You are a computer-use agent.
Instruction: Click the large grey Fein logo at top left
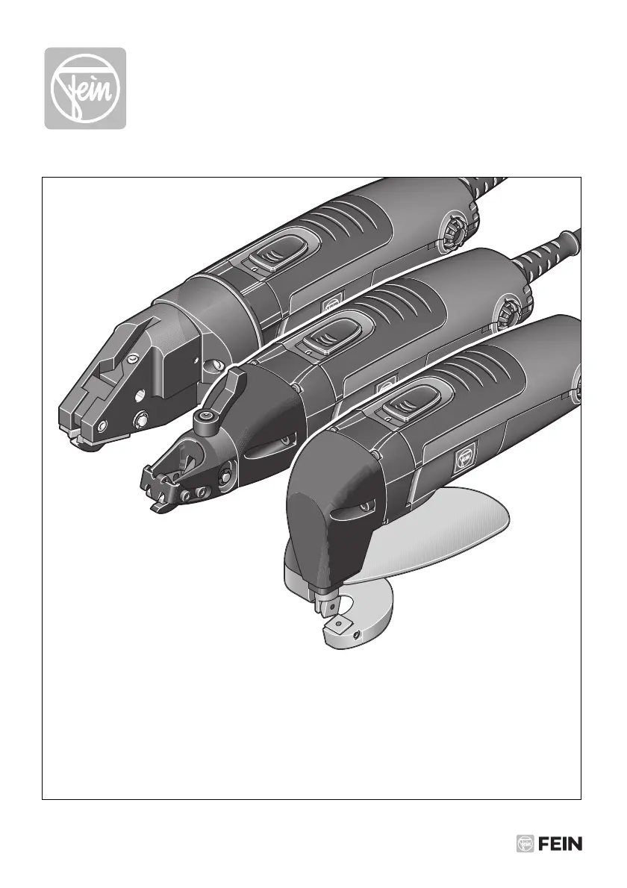click(x=86, y=88)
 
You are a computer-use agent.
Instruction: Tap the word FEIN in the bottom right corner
click(x=560, y=843)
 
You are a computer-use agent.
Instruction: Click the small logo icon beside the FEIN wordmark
click(x=525, y=843)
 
